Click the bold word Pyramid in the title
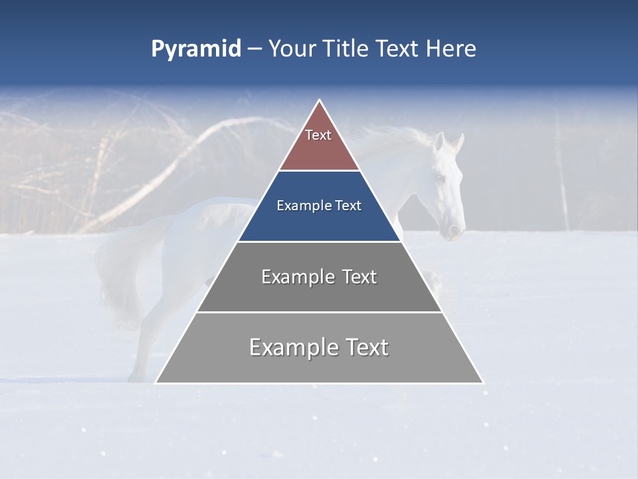tap(196, 49)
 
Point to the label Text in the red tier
tap(318, 135)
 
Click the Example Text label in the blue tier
tap(320, 206)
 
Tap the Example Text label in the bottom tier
tap(320, 347)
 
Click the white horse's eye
tap(439, 178)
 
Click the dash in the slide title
tap(255, 49)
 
